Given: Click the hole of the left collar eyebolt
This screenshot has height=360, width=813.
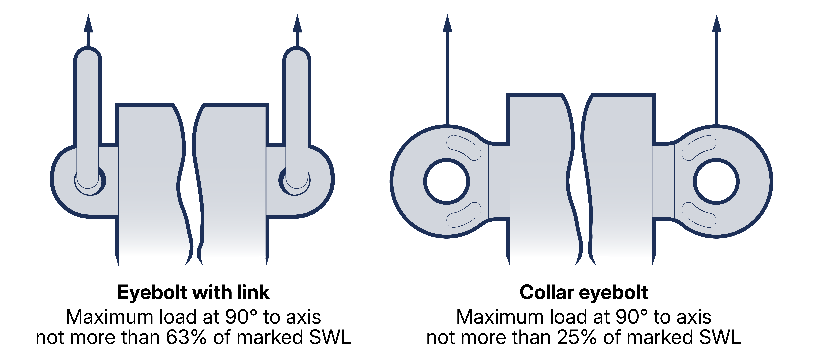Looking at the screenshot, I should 447,181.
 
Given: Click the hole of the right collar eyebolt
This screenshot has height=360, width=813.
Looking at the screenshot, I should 716,181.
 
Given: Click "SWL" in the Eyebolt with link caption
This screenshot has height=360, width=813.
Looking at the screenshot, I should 330,337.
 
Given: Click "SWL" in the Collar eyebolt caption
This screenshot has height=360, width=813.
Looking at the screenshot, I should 720,337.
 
